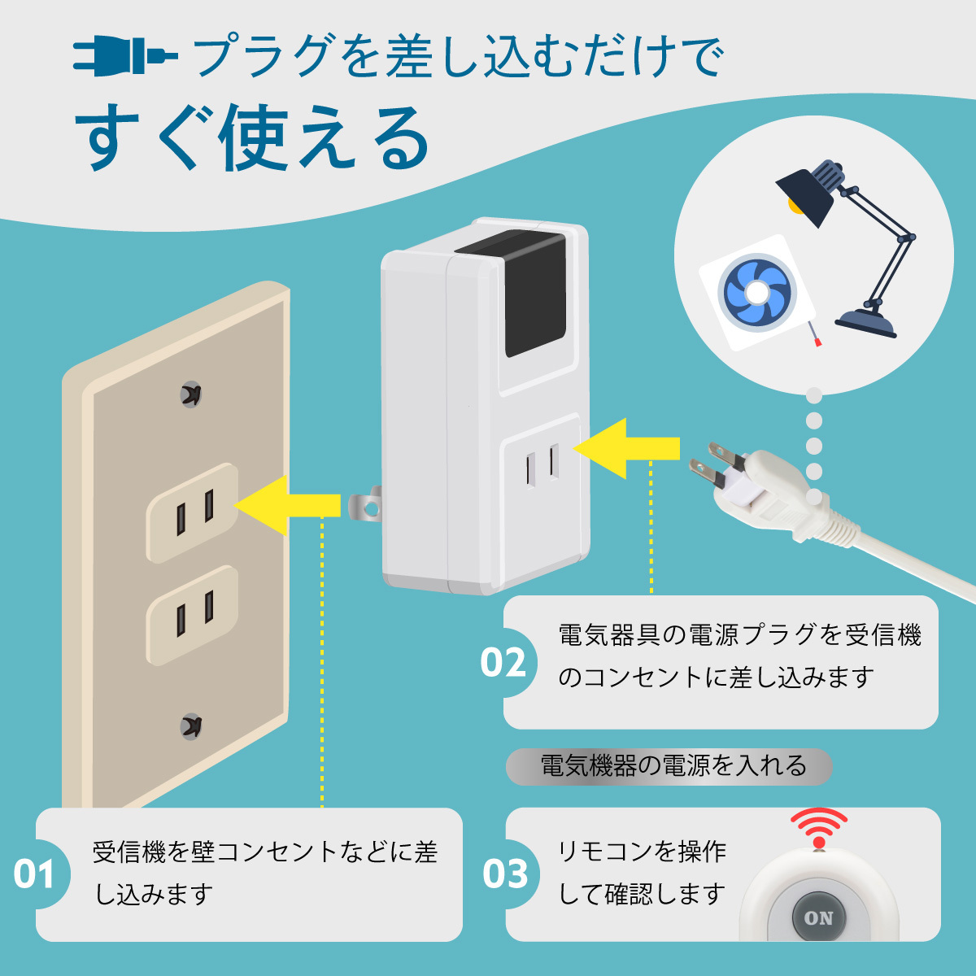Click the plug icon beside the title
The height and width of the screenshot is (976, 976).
click(124, 57)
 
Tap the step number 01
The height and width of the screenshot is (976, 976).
click(33, 875)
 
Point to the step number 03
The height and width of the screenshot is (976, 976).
click(505, 875)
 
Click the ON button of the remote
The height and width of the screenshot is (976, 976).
click(818, 918)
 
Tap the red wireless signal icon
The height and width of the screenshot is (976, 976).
click(819, 828)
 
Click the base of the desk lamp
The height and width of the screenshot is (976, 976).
click(866, 320)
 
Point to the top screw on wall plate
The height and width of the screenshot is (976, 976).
click(191, 394)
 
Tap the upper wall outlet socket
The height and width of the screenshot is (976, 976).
click(194, 512)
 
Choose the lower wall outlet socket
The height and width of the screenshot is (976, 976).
click(194, 615)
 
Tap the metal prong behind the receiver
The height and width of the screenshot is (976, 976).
click(364, 506)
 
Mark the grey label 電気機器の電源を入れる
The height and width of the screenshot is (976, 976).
click(669, 766)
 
